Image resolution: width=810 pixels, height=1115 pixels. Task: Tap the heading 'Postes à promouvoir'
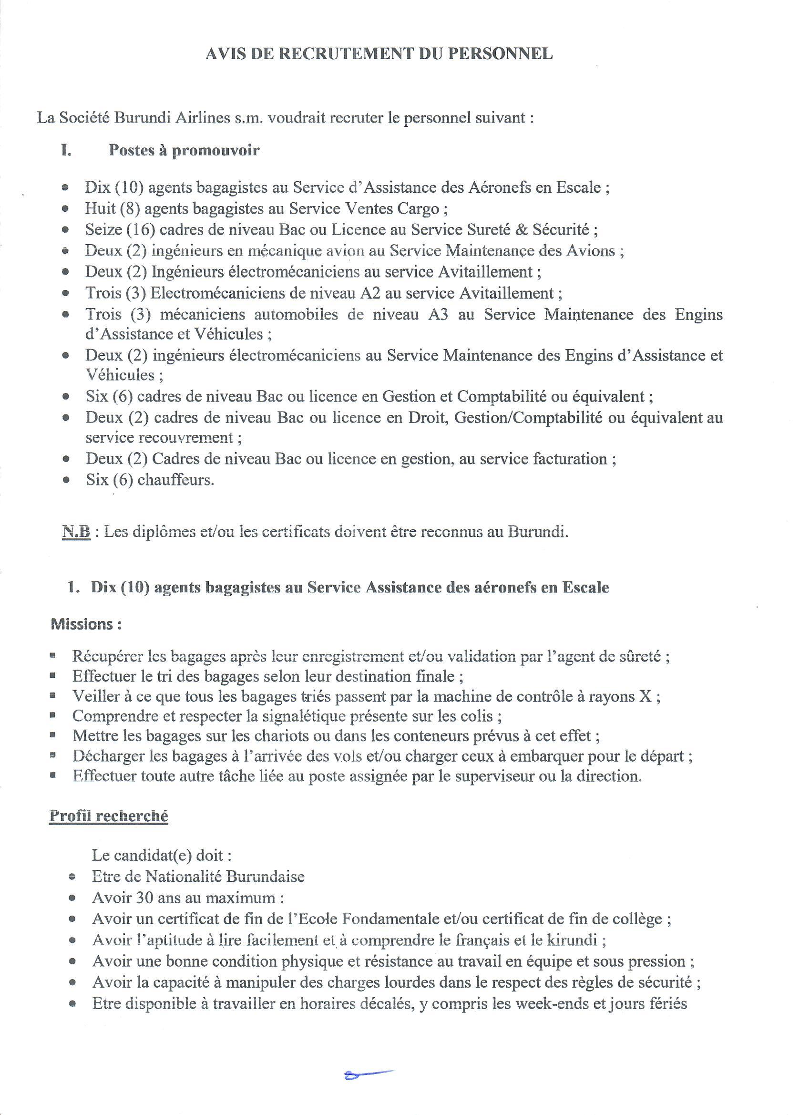coord(184,150)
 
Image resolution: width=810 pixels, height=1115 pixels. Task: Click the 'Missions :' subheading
coord(86,624)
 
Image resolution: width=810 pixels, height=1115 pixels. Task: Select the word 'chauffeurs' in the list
coord(175,479)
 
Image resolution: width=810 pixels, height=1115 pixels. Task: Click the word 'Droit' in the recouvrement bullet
coord(426,417)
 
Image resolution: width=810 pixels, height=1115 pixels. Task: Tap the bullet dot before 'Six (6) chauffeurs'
coord(66,480)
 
